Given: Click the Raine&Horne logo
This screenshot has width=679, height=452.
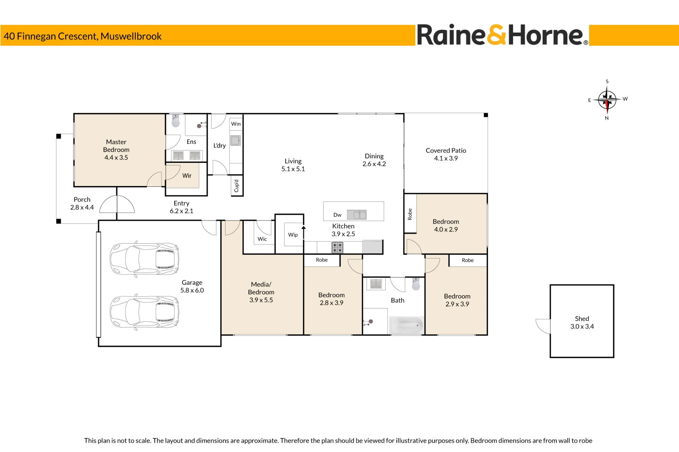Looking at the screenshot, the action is point(502,35).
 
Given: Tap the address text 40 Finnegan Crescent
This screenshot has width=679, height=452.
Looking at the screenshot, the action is point(51,36).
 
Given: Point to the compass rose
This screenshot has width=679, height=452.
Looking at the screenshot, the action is point(607,100).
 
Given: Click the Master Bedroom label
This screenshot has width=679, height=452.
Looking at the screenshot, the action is point(116,146).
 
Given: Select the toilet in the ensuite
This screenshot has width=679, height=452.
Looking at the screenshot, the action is point(176,120).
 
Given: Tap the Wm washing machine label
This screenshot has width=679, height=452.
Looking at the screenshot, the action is point(236,124).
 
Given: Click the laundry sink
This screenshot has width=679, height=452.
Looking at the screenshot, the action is point(236,140).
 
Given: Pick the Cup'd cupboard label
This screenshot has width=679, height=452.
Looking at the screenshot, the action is point(236,186).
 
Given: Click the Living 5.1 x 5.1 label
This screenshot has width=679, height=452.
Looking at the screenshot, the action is point(293,165).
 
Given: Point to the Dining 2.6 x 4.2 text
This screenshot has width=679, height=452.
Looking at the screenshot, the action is point(374,160).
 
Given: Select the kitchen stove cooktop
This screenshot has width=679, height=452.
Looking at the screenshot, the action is point(337,247).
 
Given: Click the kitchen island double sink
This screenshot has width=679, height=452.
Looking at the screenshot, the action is point(357,214).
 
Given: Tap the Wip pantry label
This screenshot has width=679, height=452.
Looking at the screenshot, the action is point(293,235).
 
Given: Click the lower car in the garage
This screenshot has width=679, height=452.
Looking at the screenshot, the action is point(144,312).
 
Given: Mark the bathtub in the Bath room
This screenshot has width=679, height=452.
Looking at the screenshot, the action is point(406,325).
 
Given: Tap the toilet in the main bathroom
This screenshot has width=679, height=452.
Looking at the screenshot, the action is point(416,284).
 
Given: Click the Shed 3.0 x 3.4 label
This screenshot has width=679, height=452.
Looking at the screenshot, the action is point(582,322).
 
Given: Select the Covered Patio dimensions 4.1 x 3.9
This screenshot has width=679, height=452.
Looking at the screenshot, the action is point(446,158).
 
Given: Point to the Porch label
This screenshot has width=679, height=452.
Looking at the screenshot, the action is point(82,200).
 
